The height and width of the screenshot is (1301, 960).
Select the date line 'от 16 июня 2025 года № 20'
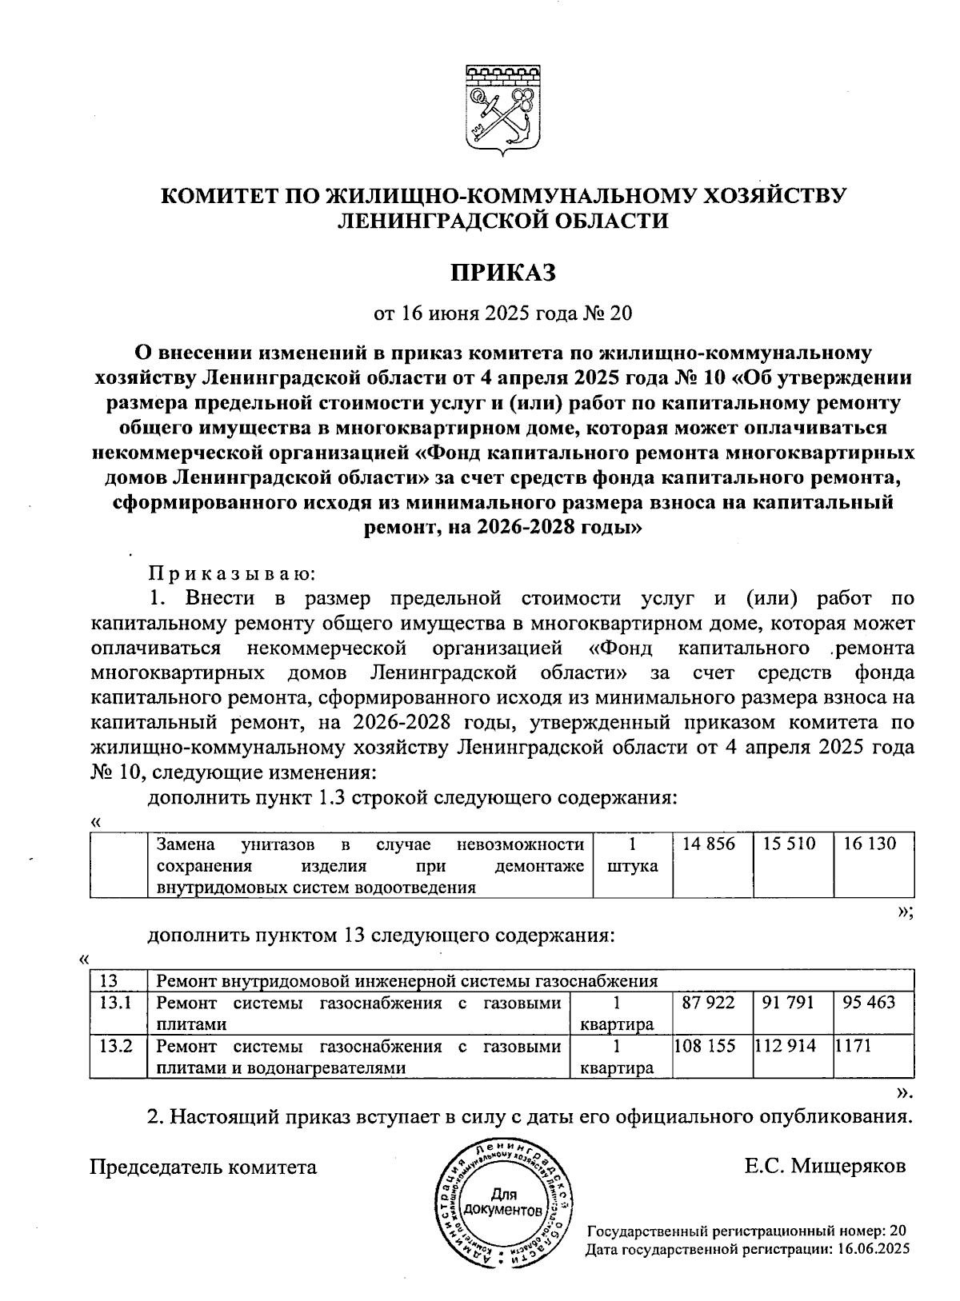(x=502, y=313)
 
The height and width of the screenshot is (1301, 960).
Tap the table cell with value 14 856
(x=709, y=844)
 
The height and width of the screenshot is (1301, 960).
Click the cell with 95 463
(x=869, y=1003)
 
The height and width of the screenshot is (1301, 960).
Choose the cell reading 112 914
(x=786, y=1046)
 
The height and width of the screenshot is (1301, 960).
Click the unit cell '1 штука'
(x=632, y=855)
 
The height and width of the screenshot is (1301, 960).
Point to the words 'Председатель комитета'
(x=202, y=1167)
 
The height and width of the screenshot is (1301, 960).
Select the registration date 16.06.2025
(x=874, y=1248)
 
